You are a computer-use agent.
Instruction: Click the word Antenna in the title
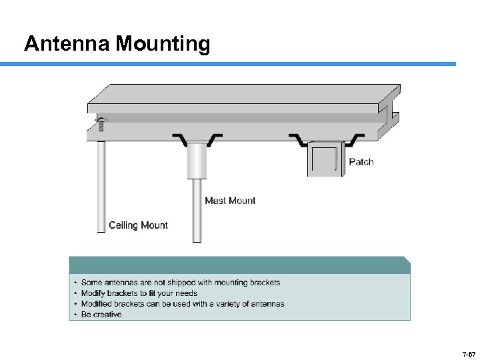67,44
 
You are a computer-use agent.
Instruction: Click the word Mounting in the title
163,45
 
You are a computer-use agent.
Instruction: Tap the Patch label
361,162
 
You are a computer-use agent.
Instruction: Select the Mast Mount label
230,200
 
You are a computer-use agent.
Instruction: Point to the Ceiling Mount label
138,225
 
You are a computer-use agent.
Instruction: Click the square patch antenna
325,160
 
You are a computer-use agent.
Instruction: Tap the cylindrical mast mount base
197,160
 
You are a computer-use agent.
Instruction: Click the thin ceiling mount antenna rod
101,187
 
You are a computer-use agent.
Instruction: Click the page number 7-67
467,353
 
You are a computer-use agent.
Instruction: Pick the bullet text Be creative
101,314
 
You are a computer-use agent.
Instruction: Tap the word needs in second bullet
186,293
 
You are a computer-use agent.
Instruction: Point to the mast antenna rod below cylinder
197,210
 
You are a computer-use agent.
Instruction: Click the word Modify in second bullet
93,293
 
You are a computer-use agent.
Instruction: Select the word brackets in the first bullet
264,283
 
